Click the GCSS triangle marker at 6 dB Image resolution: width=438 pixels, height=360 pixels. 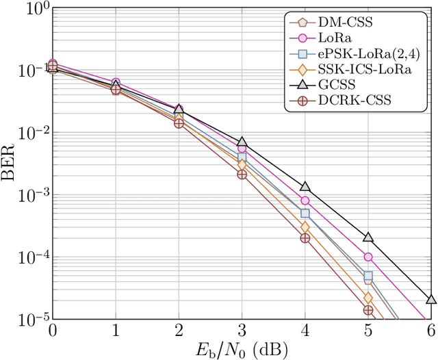point(430,299)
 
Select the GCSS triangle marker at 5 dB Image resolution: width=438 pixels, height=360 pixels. point(368,237)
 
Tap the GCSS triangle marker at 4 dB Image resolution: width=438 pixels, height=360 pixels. point(305,186)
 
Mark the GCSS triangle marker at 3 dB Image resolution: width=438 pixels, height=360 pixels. point(242,142)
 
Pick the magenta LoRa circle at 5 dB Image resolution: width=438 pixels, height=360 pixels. point(368,257)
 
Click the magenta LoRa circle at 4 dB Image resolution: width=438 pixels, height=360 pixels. point(305,201)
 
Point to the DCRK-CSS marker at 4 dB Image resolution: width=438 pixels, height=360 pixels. point(305,238)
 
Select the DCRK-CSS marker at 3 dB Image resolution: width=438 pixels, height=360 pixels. point(242,175)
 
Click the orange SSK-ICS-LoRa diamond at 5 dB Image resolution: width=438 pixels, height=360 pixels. point(368,298)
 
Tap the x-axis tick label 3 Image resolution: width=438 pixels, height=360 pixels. point(242,332)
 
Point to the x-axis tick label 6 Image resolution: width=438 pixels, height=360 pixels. point(430,332)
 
